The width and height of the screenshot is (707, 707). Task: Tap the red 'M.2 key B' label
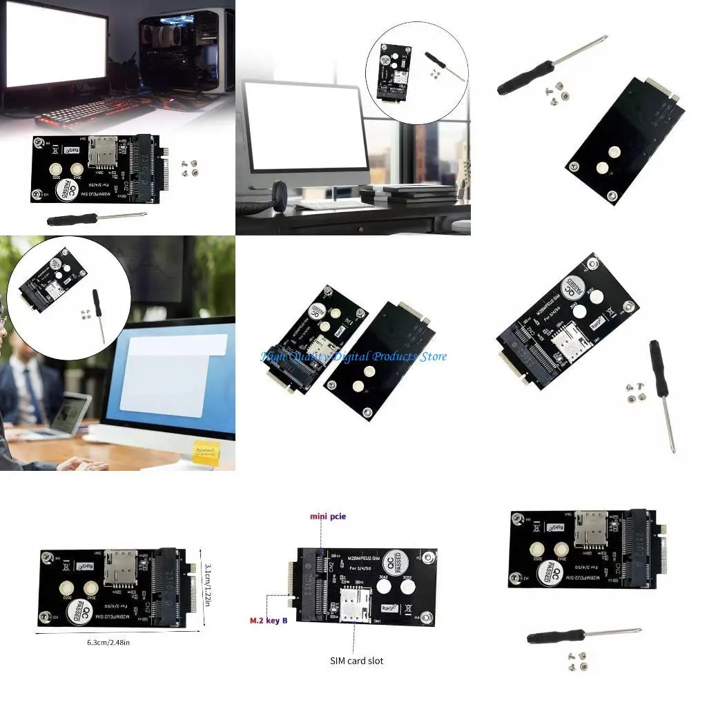(269, 620)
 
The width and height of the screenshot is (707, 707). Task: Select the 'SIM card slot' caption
(356, 661)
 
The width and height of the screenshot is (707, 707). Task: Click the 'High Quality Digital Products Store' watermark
(353, 356)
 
